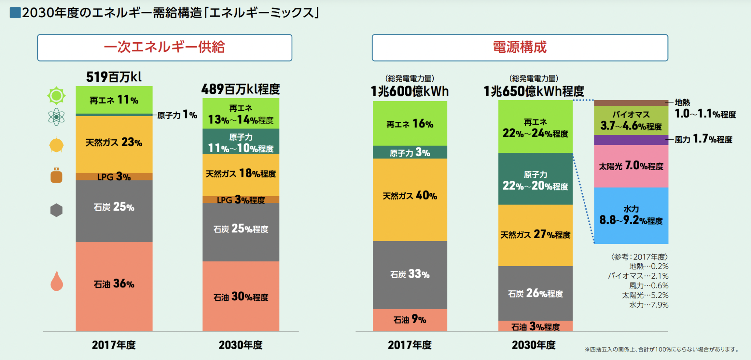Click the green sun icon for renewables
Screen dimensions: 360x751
(56, 96)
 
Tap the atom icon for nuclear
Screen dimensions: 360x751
(56, 117)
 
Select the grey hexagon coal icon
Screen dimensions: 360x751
(56, 210)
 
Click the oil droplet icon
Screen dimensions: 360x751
(56, 282)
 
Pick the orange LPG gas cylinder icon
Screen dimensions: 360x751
(56, 175)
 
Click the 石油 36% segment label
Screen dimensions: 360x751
(114, 283)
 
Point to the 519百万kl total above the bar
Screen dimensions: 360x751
(114, 77)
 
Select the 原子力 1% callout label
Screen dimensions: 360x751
(177, 115)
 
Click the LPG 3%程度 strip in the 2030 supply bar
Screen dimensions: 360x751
(241, 200)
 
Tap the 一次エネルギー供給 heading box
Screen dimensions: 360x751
(165, 48)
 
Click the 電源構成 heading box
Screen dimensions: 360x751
(520, 48)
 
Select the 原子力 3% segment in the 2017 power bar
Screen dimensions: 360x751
(410, 153)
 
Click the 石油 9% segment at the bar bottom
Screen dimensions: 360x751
(410, 320)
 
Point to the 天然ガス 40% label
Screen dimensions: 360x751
(410, 196)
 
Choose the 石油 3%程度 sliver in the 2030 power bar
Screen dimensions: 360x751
(535, 326)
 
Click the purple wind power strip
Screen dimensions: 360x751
(631, 140)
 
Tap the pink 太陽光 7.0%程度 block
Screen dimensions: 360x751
(631, 166)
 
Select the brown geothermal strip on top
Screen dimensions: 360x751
(631, 103)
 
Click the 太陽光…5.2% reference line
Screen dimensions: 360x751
(645, 295)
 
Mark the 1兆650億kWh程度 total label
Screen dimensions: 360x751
(534, 91)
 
